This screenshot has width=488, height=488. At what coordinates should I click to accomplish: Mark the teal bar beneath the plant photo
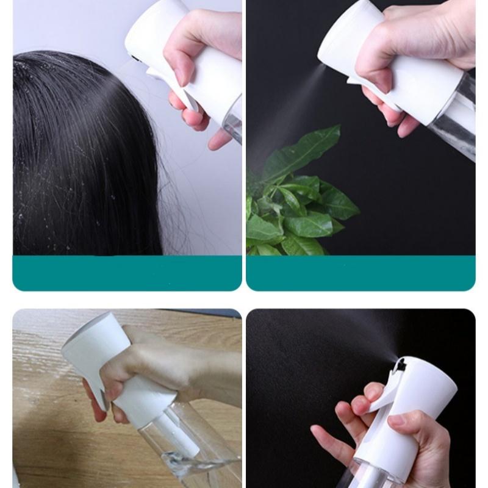pyautogui.click(x=360, y=273)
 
